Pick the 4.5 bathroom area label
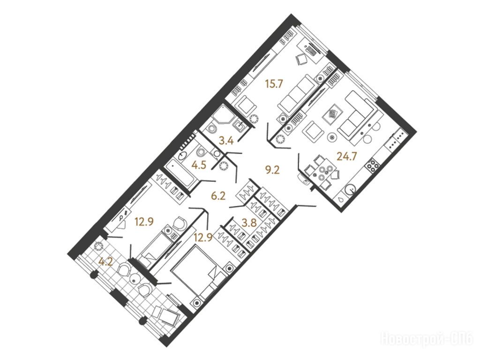199,165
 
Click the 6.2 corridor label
218,195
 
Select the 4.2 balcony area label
105,262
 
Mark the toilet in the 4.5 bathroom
201,152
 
